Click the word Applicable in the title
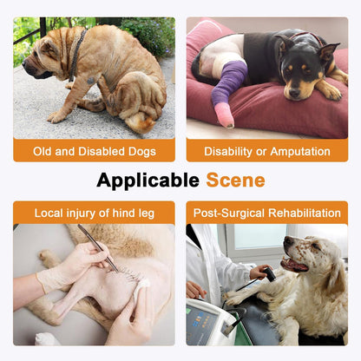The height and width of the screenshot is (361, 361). point(148,180)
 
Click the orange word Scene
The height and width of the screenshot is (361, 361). point(235,180)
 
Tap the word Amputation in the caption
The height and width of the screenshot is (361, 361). point(300,152)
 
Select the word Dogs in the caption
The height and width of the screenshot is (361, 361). point(142,152)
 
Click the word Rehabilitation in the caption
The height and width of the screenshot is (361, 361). point(305,213)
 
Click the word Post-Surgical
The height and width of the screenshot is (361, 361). point(229,213)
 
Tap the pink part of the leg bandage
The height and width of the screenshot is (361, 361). point(224,115)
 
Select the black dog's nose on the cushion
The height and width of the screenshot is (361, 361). point(294,92)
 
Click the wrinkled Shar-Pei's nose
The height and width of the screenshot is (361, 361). point(26,64)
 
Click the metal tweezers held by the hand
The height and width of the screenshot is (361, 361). point(97,248)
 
